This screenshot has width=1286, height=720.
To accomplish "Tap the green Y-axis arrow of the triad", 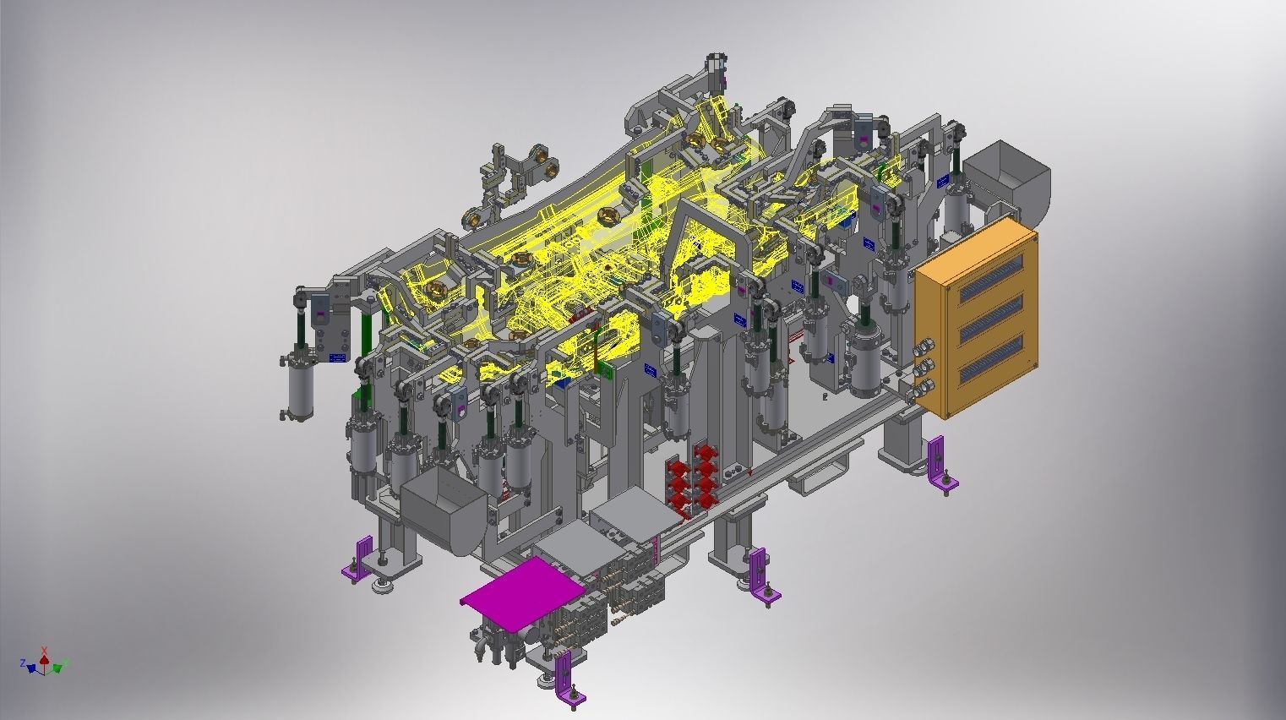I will [x=58, y=668].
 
